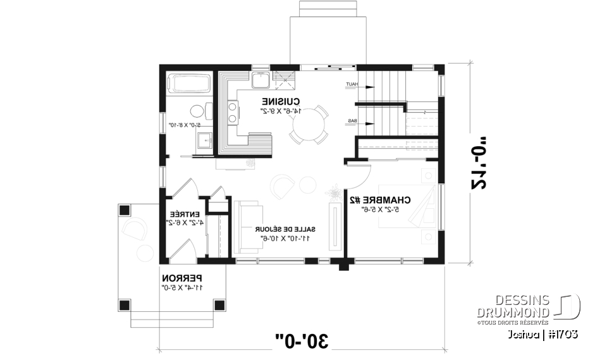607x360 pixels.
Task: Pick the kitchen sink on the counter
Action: [260, 80]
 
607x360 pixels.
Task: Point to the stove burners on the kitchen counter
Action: [232, 113]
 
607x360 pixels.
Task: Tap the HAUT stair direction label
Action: [351, 85]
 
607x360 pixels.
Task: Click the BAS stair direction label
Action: [351, 121]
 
